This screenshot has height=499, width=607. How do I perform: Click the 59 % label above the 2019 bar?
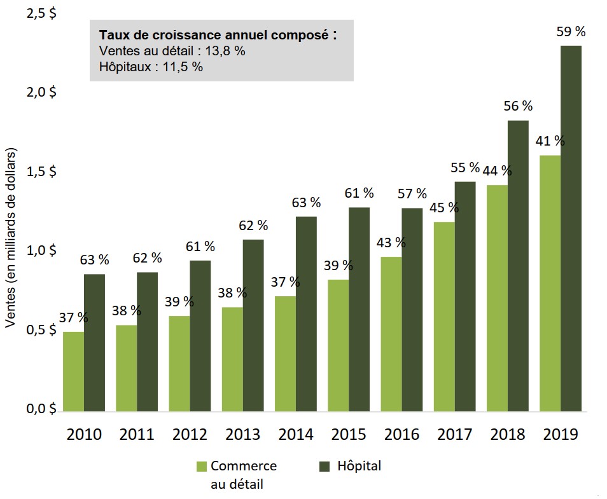click(571, 32)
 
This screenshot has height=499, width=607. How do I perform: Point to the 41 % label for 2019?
click(550, 141)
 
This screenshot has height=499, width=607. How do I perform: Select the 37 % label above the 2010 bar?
click(73, 318)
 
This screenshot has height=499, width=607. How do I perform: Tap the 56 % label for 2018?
click(518, 106)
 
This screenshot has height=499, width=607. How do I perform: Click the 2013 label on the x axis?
click(243, 435)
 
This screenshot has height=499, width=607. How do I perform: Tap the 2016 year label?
click(401, 435)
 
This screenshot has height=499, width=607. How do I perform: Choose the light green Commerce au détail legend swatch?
click(202, 467)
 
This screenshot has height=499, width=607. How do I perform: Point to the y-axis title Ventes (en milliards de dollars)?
click(11, 238)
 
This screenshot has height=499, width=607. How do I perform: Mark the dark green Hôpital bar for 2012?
click(200, 335)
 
